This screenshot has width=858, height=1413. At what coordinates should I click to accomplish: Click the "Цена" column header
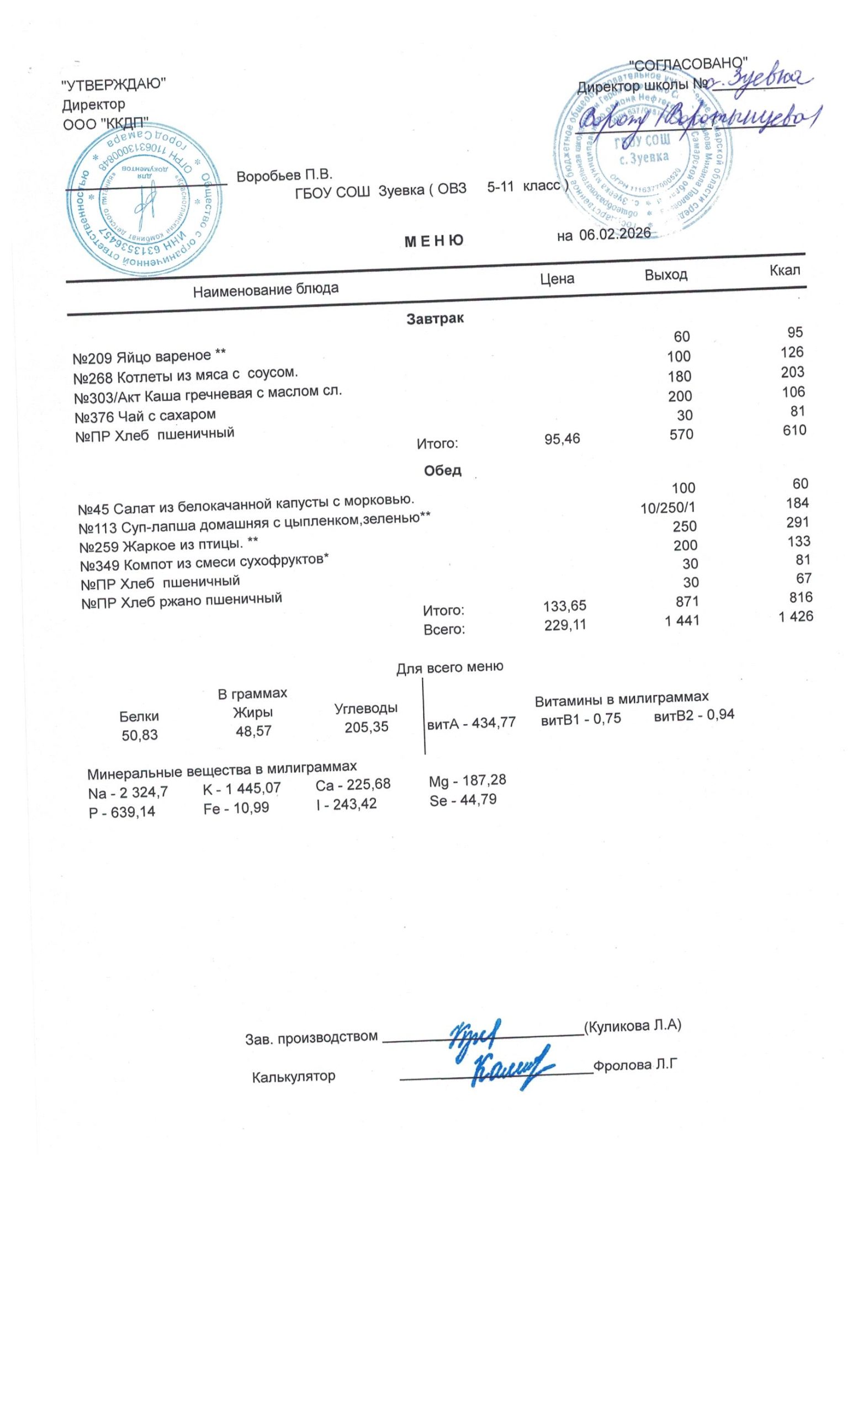[557, 279]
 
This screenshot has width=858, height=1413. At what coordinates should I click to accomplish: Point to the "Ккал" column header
[784, 270]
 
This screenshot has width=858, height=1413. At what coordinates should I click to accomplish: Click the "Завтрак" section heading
[435, 319]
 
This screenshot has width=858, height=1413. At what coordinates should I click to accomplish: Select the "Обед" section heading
[442, 471]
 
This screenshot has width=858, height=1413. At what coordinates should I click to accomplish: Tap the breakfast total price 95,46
[562, 439]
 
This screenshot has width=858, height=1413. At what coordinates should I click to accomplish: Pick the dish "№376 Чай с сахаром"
[145, 415]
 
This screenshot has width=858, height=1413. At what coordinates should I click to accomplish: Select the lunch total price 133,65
[564, 605]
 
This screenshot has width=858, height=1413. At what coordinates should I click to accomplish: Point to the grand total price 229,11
[565, 624]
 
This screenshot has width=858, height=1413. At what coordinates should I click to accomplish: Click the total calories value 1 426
[796, 617]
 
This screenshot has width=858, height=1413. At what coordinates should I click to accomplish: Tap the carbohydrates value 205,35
[366, 726]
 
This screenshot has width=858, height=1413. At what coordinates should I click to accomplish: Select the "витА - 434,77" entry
[472, 723]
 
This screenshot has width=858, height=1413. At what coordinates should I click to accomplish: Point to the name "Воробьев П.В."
[284, 176]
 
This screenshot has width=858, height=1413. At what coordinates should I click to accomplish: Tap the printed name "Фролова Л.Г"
[635, 1065]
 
